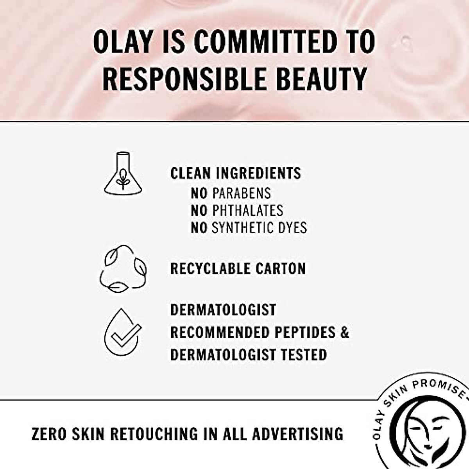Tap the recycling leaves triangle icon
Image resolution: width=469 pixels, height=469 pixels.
coord(123,269)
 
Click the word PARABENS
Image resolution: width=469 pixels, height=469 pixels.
coord(242,193)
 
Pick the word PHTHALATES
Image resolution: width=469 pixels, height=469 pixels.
coord(248,210)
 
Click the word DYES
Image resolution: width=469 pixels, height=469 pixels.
coord(293,227)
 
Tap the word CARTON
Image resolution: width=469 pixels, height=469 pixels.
coord(280,269)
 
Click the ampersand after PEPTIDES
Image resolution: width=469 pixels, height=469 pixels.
coord(344,332)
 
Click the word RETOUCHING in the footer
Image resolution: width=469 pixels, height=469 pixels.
coord(154,434)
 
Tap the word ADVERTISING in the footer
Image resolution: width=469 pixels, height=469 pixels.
coord(298,434)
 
